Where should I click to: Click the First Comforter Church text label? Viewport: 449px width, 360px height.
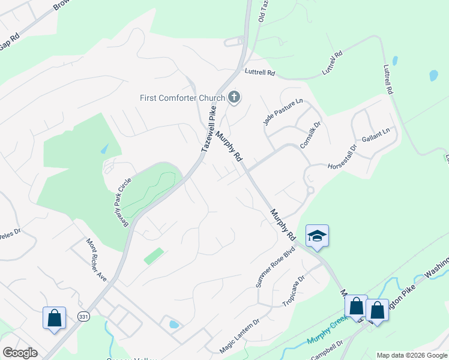182,98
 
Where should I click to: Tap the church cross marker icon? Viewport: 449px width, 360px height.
234,97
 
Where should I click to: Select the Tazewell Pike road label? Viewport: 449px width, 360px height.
208,129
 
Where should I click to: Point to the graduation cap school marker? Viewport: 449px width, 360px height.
317,236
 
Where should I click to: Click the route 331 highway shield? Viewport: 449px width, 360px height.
83,316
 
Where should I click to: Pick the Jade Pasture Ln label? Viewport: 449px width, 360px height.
283,112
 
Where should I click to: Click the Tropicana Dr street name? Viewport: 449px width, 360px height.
295,290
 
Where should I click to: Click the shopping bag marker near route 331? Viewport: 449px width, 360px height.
54,317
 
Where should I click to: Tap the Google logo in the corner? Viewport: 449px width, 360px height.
20,353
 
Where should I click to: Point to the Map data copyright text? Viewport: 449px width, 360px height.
412,355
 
